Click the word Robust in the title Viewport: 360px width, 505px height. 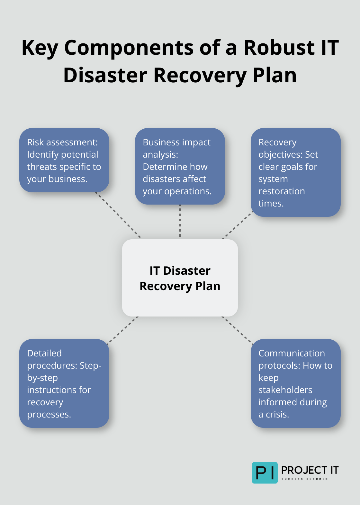(x=279, y=48)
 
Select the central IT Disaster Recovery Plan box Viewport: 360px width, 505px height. (x=180, y=278)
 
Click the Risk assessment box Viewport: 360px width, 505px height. (x=64, y=160)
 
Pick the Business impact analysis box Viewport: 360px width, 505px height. (x=180, y=166)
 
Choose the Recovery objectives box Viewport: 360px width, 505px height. (x=295, y=172)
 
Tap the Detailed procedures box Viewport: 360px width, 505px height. (x=64, y=383)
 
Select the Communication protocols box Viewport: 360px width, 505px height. (x=295, y=383)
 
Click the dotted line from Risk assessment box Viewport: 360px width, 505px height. (x=119, y=216)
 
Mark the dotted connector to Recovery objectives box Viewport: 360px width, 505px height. (x=237, y=225)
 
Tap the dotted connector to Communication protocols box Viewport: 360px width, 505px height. (x=237, y=330)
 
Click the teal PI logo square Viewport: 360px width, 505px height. (x=265, y=473)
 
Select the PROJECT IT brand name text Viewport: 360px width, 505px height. (x=310, y=470)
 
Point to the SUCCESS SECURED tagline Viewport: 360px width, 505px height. (x=304, y=479)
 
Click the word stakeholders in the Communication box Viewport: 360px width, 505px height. (x=285, y=390)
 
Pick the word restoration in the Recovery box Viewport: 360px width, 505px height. (x=282, y=191)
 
